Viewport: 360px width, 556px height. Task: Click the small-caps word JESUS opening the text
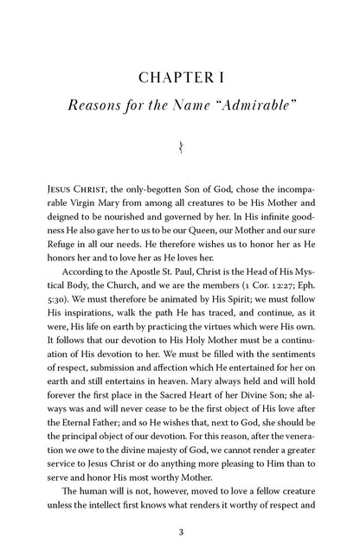(x=60, y=185)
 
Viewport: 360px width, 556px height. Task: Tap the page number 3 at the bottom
(x=180, y=532)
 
